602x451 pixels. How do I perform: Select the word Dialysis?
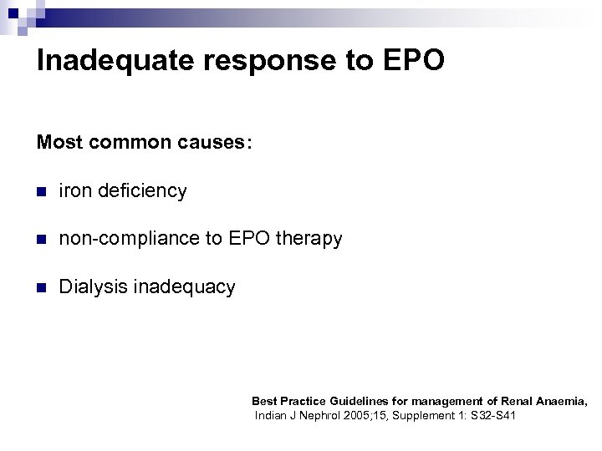93,288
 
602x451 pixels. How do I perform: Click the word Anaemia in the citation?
561,402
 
